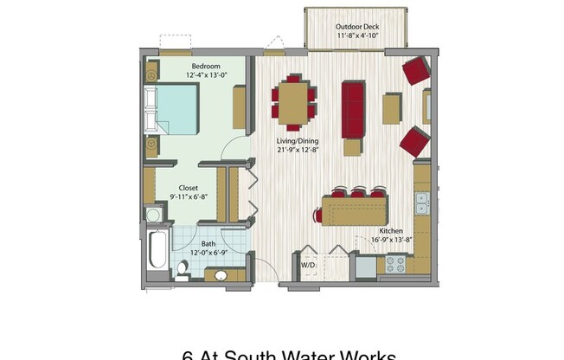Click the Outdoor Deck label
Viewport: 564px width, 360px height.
[356, 27]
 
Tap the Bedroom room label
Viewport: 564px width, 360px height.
[205, 66]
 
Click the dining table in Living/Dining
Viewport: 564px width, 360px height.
[292, 99]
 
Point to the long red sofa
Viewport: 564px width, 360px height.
[353, 110]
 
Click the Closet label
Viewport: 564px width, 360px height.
[189, 188]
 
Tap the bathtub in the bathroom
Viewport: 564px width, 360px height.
[157, 251]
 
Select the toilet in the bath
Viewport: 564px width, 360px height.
[183, 268]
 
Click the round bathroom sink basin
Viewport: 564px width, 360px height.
[221, 276]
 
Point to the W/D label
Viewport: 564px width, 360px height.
[308, 265]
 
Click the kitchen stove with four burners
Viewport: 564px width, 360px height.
[395, 263]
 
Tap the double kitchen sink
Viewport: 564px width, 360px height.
[421, 203]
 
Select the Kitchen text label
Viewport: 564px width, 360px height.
[391, 231]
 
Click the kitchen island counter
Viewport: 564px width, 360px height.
[355, 209]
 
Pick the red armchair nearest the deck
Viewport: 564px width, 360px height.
[416, 70]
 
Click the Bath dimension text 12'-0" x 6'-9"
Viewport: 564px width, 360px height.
[208, 254]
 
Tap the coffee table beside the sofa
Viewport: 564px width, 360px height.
[391, 108]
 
